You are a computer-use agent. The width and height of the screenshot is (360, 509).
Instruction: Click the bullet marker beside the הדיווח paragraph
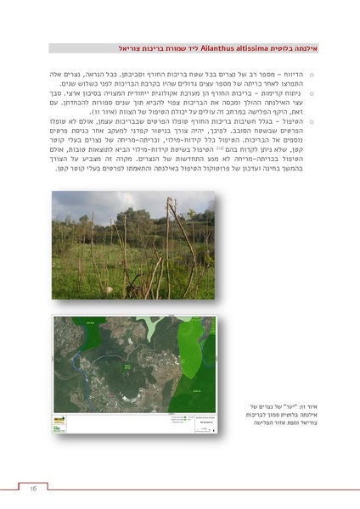click(x=311, y=75)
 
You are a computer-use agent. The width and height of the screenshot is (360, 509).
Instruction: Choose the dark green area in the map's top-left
click(x=70, y=327)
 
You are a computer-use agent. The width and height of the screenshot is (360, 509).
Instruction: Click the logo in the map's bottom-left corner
click(x=59, y=428)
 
